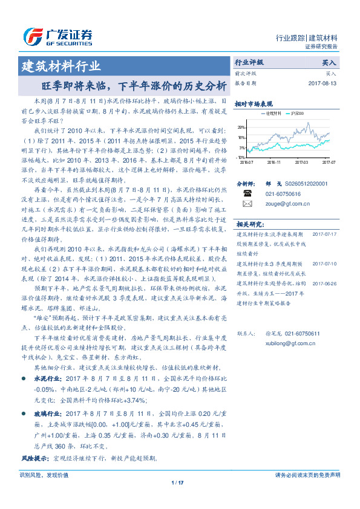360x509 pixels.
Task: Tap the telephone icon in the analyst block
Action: pyautogui.click(x=247, y=193)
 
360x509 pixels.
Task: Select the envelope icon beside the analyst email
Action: pyautogui.click(x=247, y=204)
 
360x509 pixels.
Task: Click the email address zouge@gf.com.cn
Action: pyautogui.click(x=286, y=204)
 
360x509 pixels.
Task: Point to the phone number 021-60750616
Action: pyautogui.click(x=284, y=194)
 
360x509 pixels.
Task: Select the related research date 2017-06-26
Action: pyautogui.click(x=327, y=282)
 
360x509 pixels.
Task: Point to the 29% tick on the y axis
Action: pyautogui.click(x=241, y=128)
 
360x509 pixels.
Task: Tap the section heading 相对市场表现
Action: pyautogui.click(x=254, y=103)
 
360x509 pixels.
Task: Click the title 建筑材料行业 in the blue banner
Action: pyautogui.click(x=61, y=66)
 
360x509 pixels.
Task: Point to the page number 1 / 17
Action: pyautogui.click(x=177, y=482)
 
